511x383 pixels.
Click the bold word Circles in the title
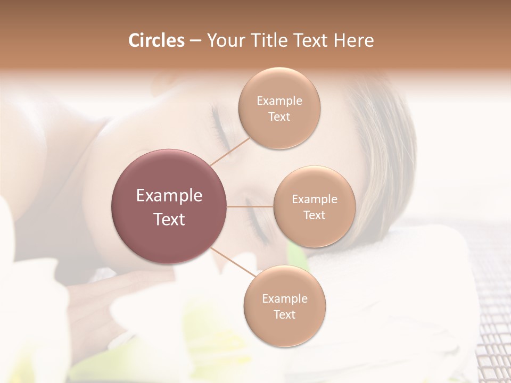[x=156, y=40]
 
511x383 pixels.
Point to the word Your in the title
[x=225, y=40]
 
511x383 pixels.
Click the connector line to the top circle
[x=230, y=151]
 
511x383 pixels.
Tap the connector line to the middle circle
[x=250, y=206]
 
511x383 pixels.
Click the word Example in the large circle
[x=169, y=196]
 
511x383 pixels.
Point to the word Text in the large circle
[x=169, y=219]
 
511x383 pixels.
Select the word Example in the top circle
[x=279, y=101]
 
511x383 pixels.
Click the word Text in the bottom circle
[x=284, y=314]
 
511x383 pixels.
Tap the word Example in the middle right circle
[x=314, y=199]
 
